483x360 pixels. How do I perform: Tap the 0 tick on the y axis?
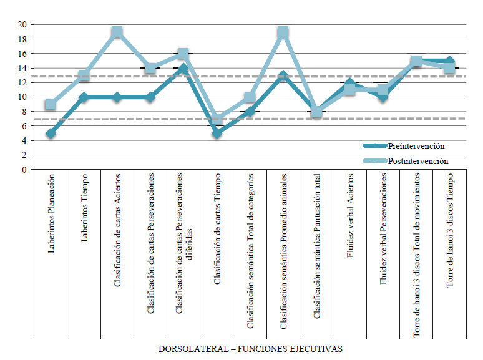tap(25, 170)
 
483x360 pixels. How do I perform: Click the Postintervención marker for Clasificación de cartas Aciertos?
tap(117, 32)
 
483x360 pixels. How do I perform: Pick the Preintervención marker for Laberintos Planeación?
tap(51, 134)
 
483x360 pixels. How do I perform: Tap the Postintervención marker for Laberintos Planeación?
tap(51, 104)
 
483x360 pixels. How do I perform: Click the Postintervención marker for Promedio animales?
tap(283, 32)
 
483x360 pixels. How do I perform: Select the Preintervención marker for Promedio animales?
tap(283, 75)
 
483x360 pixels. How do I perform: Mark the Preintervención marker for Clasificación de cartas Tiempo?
tap(217, 134)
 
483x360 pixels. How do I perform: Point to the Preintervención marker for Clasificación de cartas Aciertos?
tap(117, 97)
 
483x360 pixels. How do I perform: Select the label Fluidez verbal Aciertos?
tap(349, 221)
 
